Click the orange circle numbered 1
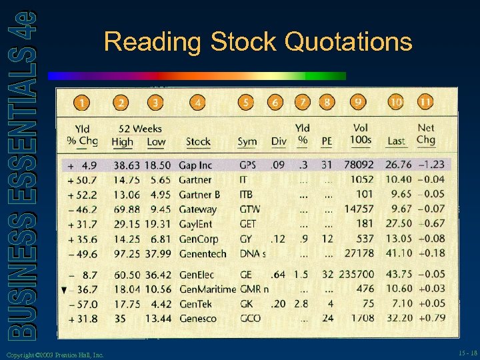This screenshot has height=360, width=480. coord(81,103)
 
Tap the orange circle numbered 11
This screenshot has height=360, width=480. coord(425,102)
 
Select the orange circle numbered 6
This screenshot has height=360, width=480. coord(275,103)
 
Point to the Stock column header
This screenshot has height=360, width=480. coord(198,141)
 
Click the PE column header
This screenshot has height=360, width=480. coord(327,141)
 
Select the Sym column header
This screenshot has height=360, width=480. coord(247,141)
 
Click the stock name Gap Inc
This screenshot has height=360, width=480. coord(195,165)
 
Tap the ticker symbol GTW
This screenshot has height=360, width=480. coord(250,209)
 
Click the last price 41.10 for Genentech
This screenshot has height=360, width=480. coord(399,253)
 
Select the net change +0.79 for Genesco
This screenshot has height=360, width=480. coord(432,319)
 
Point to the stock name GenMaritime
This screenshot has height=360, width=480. coord(207,289)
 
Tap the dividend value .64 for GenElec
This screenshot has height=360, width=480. coord(279,275)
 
